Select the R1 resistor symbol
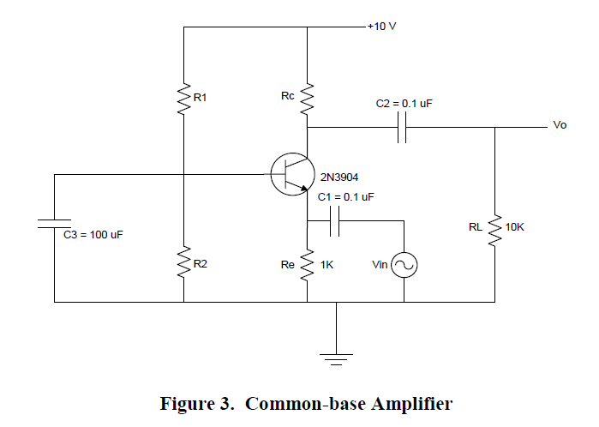[x=183, y=99]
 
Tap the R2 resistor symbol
[x=183, y=264]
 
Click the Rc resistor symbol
[x=308, y=99]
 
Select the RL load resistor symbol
[x=494, y=229]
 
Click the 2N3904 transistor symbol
[x=289, y=175]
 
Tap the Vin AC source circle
[x=404, y=267]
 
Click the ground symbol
[x=338, y=358]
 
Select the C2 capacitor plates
[x=403, y=129]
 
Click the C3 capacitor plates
[x=54, y=224]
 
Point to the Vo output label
[x=560, y=125]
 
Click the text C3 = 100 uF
[x=93, y=235]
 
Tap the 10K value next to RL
[x=515, y=227]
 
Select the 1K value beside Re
[x=326, y=266]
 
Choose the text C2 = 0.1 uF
[x=404, y=103]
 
